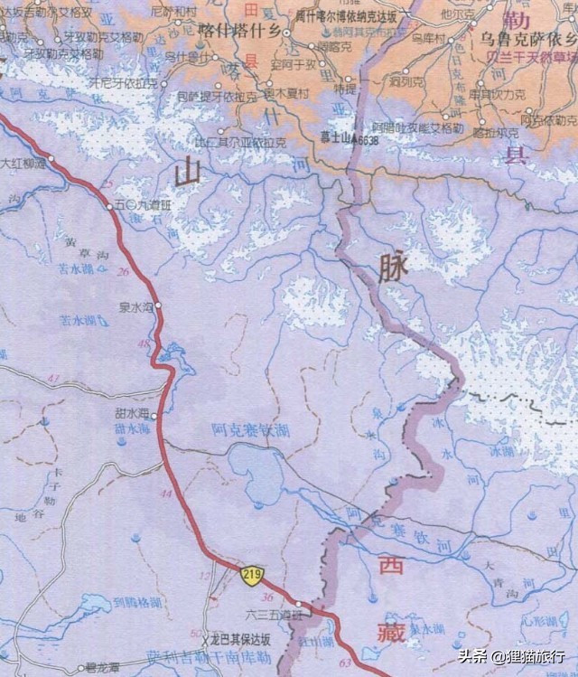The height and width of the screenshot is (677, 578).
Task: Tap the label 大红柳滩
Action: (x=23, y=164)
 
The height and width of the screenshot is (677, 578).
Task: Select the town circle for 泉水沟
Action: (x=158, y=306)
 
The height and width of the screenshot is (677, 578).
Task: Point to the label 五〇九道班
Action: (x=144, y=206)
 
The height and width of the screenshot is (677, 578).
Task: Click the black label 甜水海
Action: (x=131, y=414)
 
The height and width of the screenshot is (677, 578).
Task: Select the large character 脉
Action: (x=395, y=267)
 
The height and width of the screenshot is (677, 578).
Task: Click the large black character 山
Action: (x=189, y=171)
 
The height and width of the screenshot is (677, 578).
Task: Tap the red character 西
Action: (x=391, y=567)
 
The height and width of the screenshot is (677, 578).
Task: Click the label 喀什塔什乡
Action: (x=242, y=31)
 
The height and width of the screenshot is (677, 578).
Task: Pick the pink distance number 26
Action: (x=123, y=272)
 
